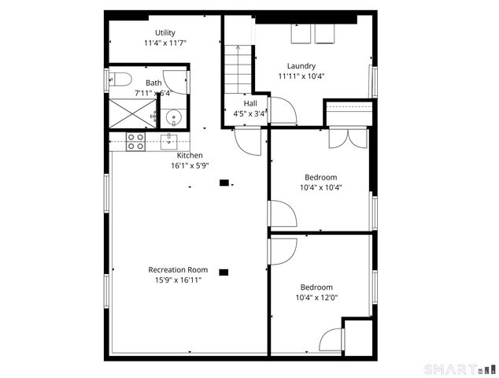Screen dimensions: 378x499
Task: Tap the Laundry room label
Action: (x=301, y=66)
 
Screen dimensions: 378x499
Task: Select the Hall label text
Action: (x=249, y=103)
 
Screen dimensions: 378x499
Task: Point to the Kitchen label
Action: (x=190, y=155)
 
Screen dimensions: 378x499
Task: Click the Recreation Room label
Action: (x=178, y=269)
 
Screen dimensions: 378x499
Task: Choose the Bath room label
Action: (x=153, y=83)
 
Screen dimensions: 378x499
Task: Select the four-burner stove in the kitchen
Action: (x=135, y=141)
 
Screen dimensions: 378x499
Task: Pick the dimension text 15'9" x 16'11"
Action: (x=178, y=280)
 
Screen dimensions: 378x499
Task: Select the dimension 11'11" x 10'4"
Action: (x=301, y=76)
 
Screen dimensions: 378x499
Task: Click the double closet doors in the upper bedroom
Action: (x=348, y=138)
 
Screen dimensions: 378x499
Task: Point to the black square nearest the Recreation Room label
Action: (x=224, y=272)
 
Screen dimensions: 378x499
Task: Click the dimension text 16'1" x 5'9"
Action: (x=190, y=165)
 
